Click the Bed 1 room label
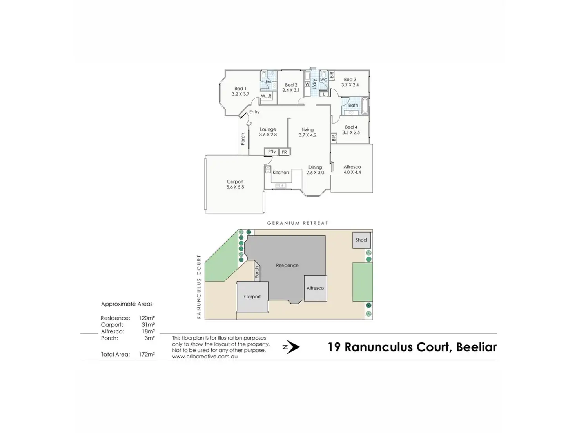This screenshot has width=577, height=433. pos(240,91)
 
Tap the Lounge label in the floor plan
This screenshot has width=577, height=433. pos(268,132)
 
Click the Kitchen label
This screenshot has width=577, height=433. pos(281,172)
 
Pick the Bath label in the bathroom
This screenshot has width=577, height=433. pos(353,105)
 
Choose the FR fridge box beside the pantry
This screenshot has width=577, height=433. pos(284,152)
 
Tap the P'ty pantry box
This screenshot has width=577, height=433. pos(272,152)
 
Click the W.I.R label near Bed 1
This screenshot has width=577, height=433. pos(266,96)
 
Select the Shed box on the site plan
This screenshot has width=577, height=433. pos(361,240)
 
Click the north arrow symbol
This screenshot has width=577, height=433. pos(292,347)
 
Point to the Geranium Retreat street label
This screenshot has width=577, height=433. pos(298,223)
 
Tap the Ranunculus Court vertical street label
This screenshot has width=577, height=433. pos(199,286)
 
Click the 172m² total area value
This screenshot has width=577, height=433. pos(147,354)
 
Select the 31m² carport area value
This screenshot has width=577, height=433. pos(148,325)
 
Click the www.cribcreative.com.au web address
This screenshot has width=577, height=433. pos(205,357)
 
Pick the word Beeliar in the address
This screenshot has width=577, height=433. pos(476,347)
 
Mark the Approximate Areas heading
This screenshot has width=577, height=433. pos(127,304)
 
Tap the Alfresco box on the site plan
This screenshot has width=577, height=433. pos(315,288)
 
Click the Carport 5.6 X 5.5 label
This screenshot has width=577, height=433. pos(235,184)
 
